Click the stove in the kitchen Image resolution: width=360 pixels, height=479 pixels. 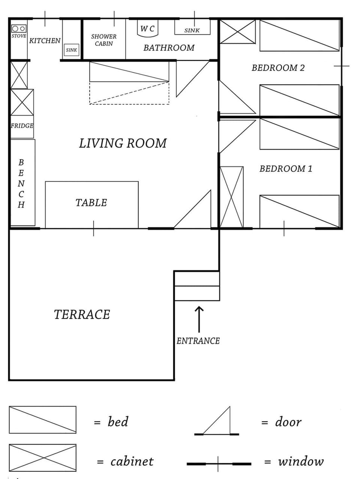tap(19, 31)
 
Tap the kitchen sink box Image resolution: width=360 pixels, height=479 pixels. tap(71, 49)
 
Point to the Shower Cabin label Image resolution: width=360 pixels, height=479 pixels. tap(104, 40)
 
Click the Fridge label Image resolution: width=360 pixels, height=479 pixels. tap(22, 126)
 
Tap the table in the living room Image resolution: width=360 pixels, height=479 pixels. tap(91, 204)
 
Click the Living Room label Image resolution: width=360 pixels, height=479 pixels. tap(123, 143)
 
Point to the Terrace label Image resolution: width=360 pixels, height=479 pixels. tap(82, 314)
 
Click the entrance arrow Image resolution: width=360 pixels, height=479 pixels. tap(199, 319)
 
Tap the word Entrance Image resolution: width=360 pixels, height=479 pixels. tap(198, 341)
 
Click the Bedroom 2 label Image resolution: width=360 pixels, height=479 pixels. tap(278, 68)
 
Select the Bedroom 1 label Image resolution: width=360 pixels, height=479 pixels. tap(286, 169)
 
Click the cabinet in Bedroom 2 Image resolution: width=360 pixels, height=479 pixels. tap(237, 32)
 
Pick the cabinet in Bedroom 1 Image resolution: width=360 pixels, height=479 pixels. tap(231, 197)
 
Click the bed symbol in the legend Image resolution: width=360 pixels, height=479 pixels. tap(42, 419)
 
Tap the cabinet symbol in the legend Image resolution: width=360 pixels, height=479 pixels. tap(42, 457)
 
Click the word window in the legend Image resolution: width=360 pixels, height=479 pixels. tap(300, 461)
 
